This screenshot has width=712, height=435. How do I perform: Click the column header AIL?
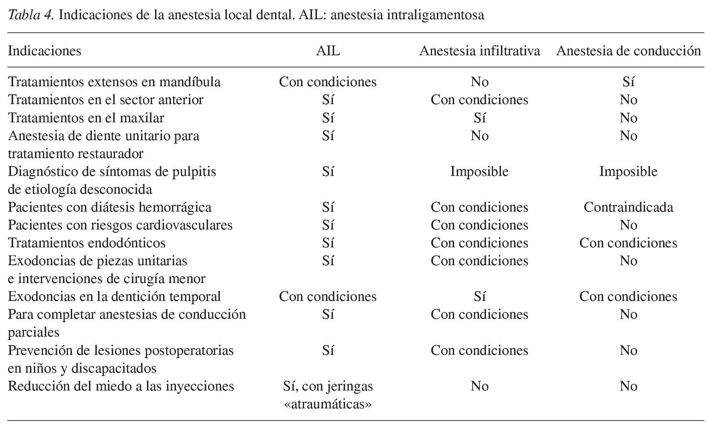[328, 51]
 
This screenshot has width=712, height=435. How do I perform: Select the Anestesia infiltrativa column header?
[479, 51]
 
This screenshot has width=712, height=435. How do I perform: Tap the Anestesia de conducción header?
[628, 51]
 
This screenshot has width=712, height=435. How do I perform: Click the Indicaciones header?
[44, 51]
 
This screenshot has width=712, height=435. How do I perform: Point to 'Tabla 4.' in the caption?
[30, 15]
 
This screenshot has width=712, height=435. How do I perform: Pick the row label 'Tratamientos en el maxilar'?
[86, 118]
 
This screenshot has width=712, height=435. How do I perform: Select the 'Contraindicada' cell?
[628, 207]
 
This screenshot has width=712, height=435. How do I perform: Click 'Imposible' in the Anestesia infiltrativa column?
[479, 171]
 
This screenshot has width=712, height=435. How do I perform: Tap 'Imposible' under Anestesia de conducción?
[628, 171]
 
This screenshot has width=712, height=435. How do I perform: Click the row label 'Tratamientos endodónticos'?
[87, 243]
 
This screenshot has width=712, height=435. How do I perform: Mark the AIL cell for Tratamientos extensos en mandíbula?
[328, 82]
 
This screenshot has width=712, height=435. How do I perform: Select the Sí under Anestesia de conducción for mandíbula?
[628, 82]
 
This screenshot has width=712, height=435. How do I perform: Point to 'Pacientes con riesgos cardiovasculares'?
[120, 225]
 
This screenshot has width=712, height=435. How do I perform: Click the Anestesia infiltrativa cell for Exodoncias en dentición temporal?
[479, 296]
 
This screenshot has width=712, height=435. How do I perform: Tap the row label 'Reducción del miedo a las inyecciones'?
[121, 386]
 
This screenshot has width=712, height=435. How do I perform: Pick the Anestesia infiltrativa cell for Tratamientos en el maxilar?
[479, 118]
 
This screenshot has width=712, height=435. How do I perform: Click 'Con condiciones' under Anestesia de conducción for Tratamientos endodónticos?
[628, 243]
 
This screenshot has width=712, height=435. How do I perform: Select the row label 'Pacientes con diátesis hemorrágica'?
[110, 207]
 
